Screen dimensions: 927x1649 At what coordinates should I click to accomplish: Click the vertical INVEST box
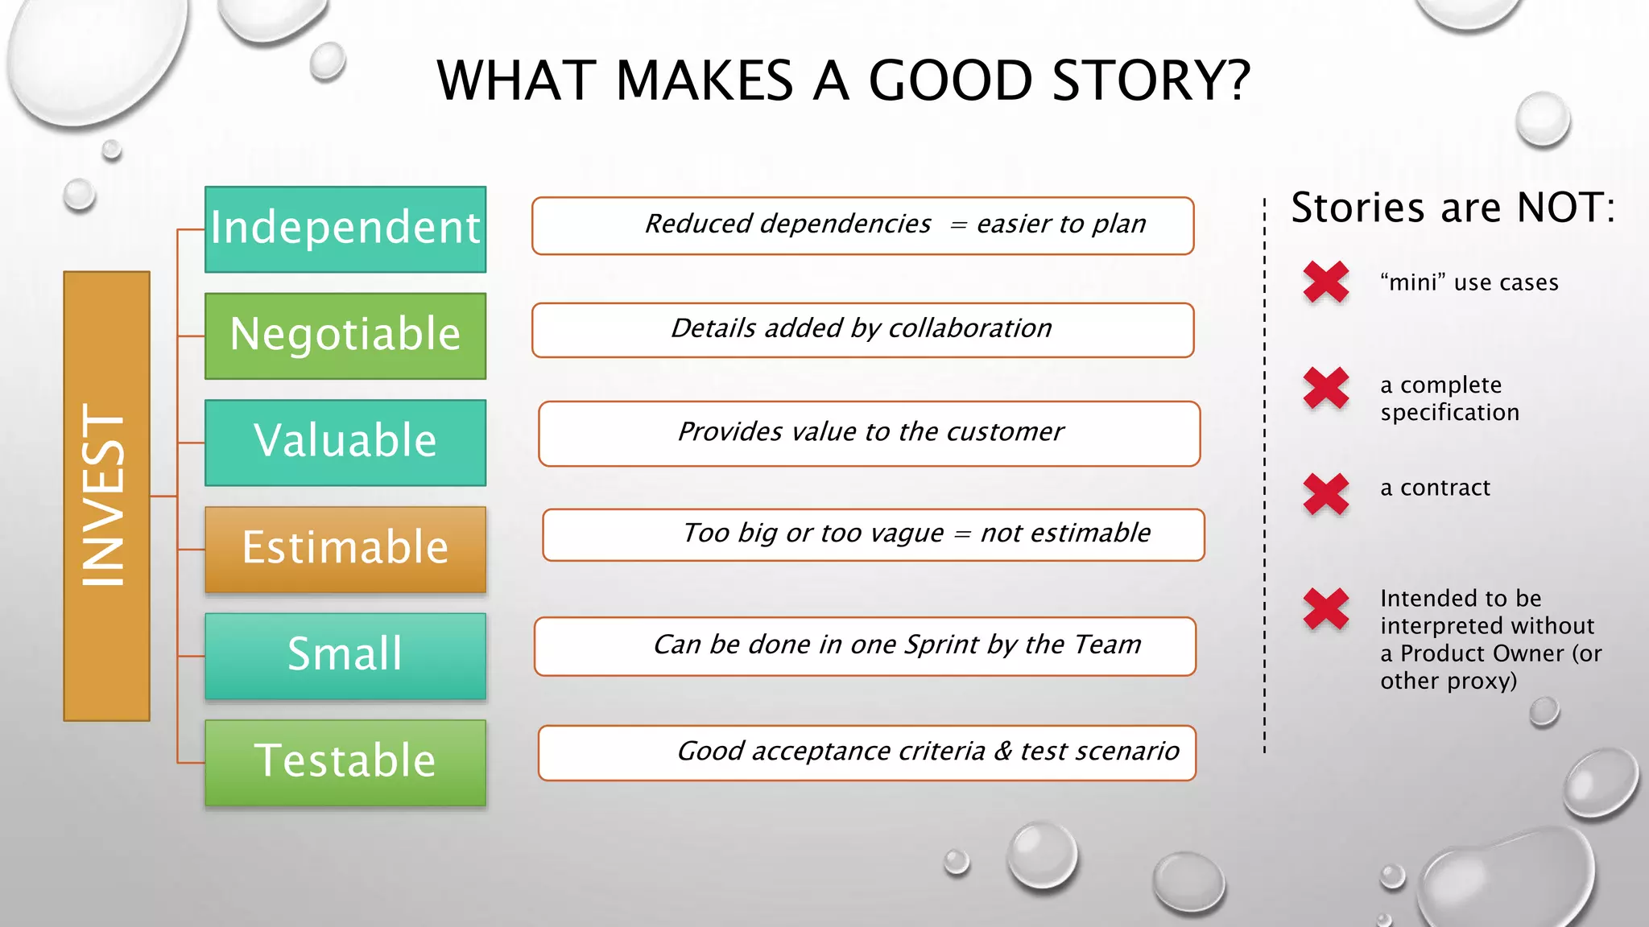106,496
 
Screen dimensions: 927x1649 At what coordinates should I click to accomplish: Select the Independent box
345,229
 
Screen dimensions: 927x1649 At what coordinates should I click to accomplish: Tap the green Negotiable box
345,336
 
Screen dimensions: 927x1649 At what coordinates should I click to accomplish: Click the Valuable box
345,443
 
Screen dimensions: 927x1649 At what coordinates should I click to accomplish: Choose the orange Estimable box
345,550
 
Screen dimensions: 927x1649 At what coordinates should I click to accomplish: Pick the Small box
345,656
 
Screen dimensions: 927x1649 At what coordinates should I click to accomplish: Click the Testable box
345,762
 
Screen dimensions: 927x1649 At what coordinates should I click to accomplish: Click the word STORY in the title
1151,80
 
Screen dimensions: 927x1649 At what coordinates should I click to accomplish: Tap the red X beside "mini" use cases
1326,282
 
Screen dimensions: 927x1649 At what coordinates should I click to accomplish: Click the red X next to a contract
1326,493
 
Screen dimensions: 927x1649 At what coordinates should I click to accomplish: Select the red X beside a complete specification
1326,388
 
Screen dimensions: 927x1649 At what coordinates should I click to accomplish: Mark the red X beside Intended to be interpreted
1326,608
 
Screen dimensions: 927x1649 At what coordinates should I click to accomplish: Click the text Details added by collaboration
862,328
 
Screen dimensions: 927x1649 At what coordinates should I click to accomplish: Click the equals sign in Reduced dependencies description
957,225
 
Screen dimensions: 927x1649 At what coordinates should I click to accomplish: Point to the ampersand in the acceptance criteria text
1002,752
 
